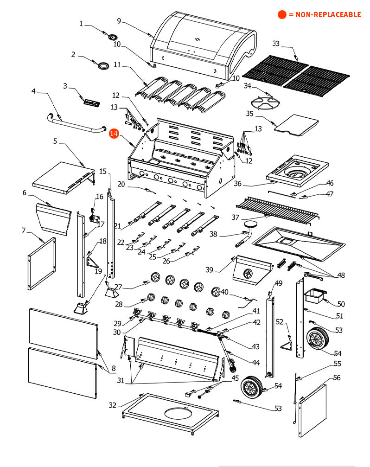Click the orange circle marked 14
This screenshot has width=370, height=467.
(114, 134)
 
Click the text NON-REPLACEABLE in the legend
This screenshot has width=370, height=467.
(325, 14)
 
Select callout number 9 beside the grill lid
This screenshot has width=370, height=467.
(119, 21)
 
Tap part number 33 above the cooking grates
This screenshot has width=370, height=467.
(276, 44)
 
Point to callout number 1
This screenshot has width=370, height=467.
(82, 24)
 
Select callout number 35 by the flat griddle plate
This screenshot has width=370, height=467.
(250, 113)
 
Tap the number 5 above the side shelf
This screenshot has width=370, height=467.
(55, 141)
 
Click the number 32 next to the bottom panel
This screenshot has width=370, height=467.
(113, 405)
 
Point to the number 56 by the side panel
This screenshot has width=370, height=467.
(337, 378)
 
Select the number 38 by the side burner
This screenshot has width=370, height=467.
(213, 234)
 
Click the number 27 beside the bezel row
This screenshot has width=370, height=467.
(118, 287)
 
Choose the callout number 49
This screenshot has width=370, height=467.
(279, 283)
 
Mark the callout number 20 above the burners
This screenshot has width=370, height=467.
(121, 184)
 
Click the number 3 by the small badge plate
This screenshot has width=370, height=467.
(65, 86)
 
